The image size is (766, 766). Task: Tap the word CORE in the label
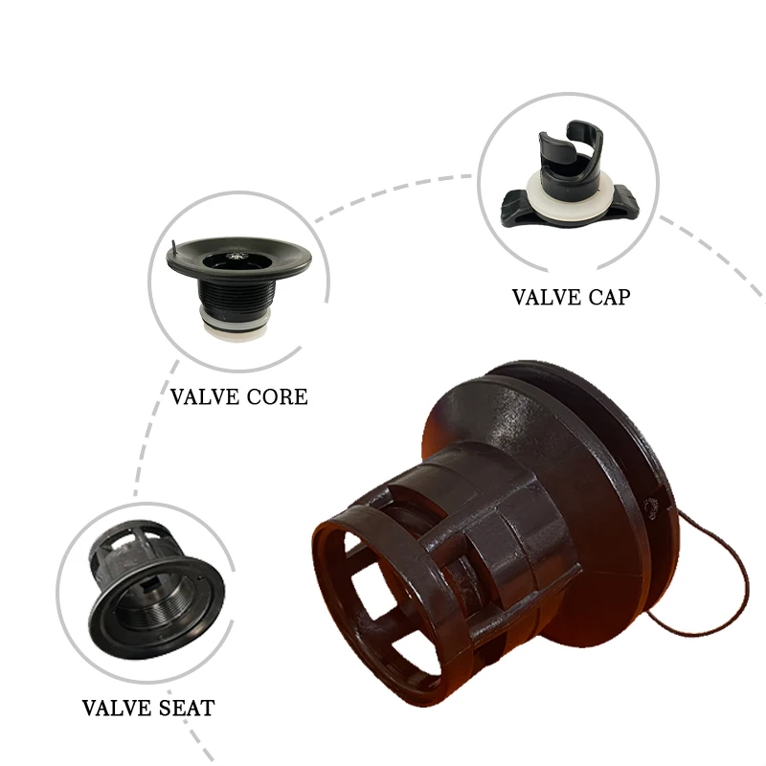(277, 395)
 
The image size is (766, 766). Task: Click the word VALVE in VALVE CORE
(201, 395)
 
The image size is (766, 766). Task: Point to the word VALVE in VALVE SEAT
(112, 709)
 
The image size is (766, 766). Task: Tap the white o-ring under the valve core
(236, 325)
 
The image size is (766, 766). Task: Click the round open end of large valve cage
(373, 594)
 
